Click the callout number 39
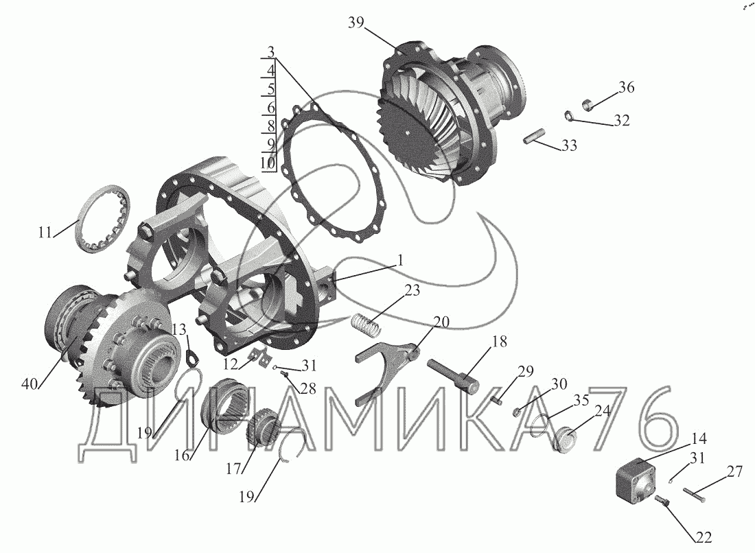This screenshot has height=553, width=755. click(x=356, y=23)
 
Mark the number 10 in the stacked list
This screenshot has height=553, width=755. click(x=268, y=162)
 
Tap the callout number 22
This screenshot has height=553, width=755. click(x=703, y=537)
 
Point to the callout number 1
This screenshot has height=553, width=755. click(x=399, y=261)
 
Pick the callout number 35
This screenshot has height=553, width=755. click(x=581, y=400)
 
